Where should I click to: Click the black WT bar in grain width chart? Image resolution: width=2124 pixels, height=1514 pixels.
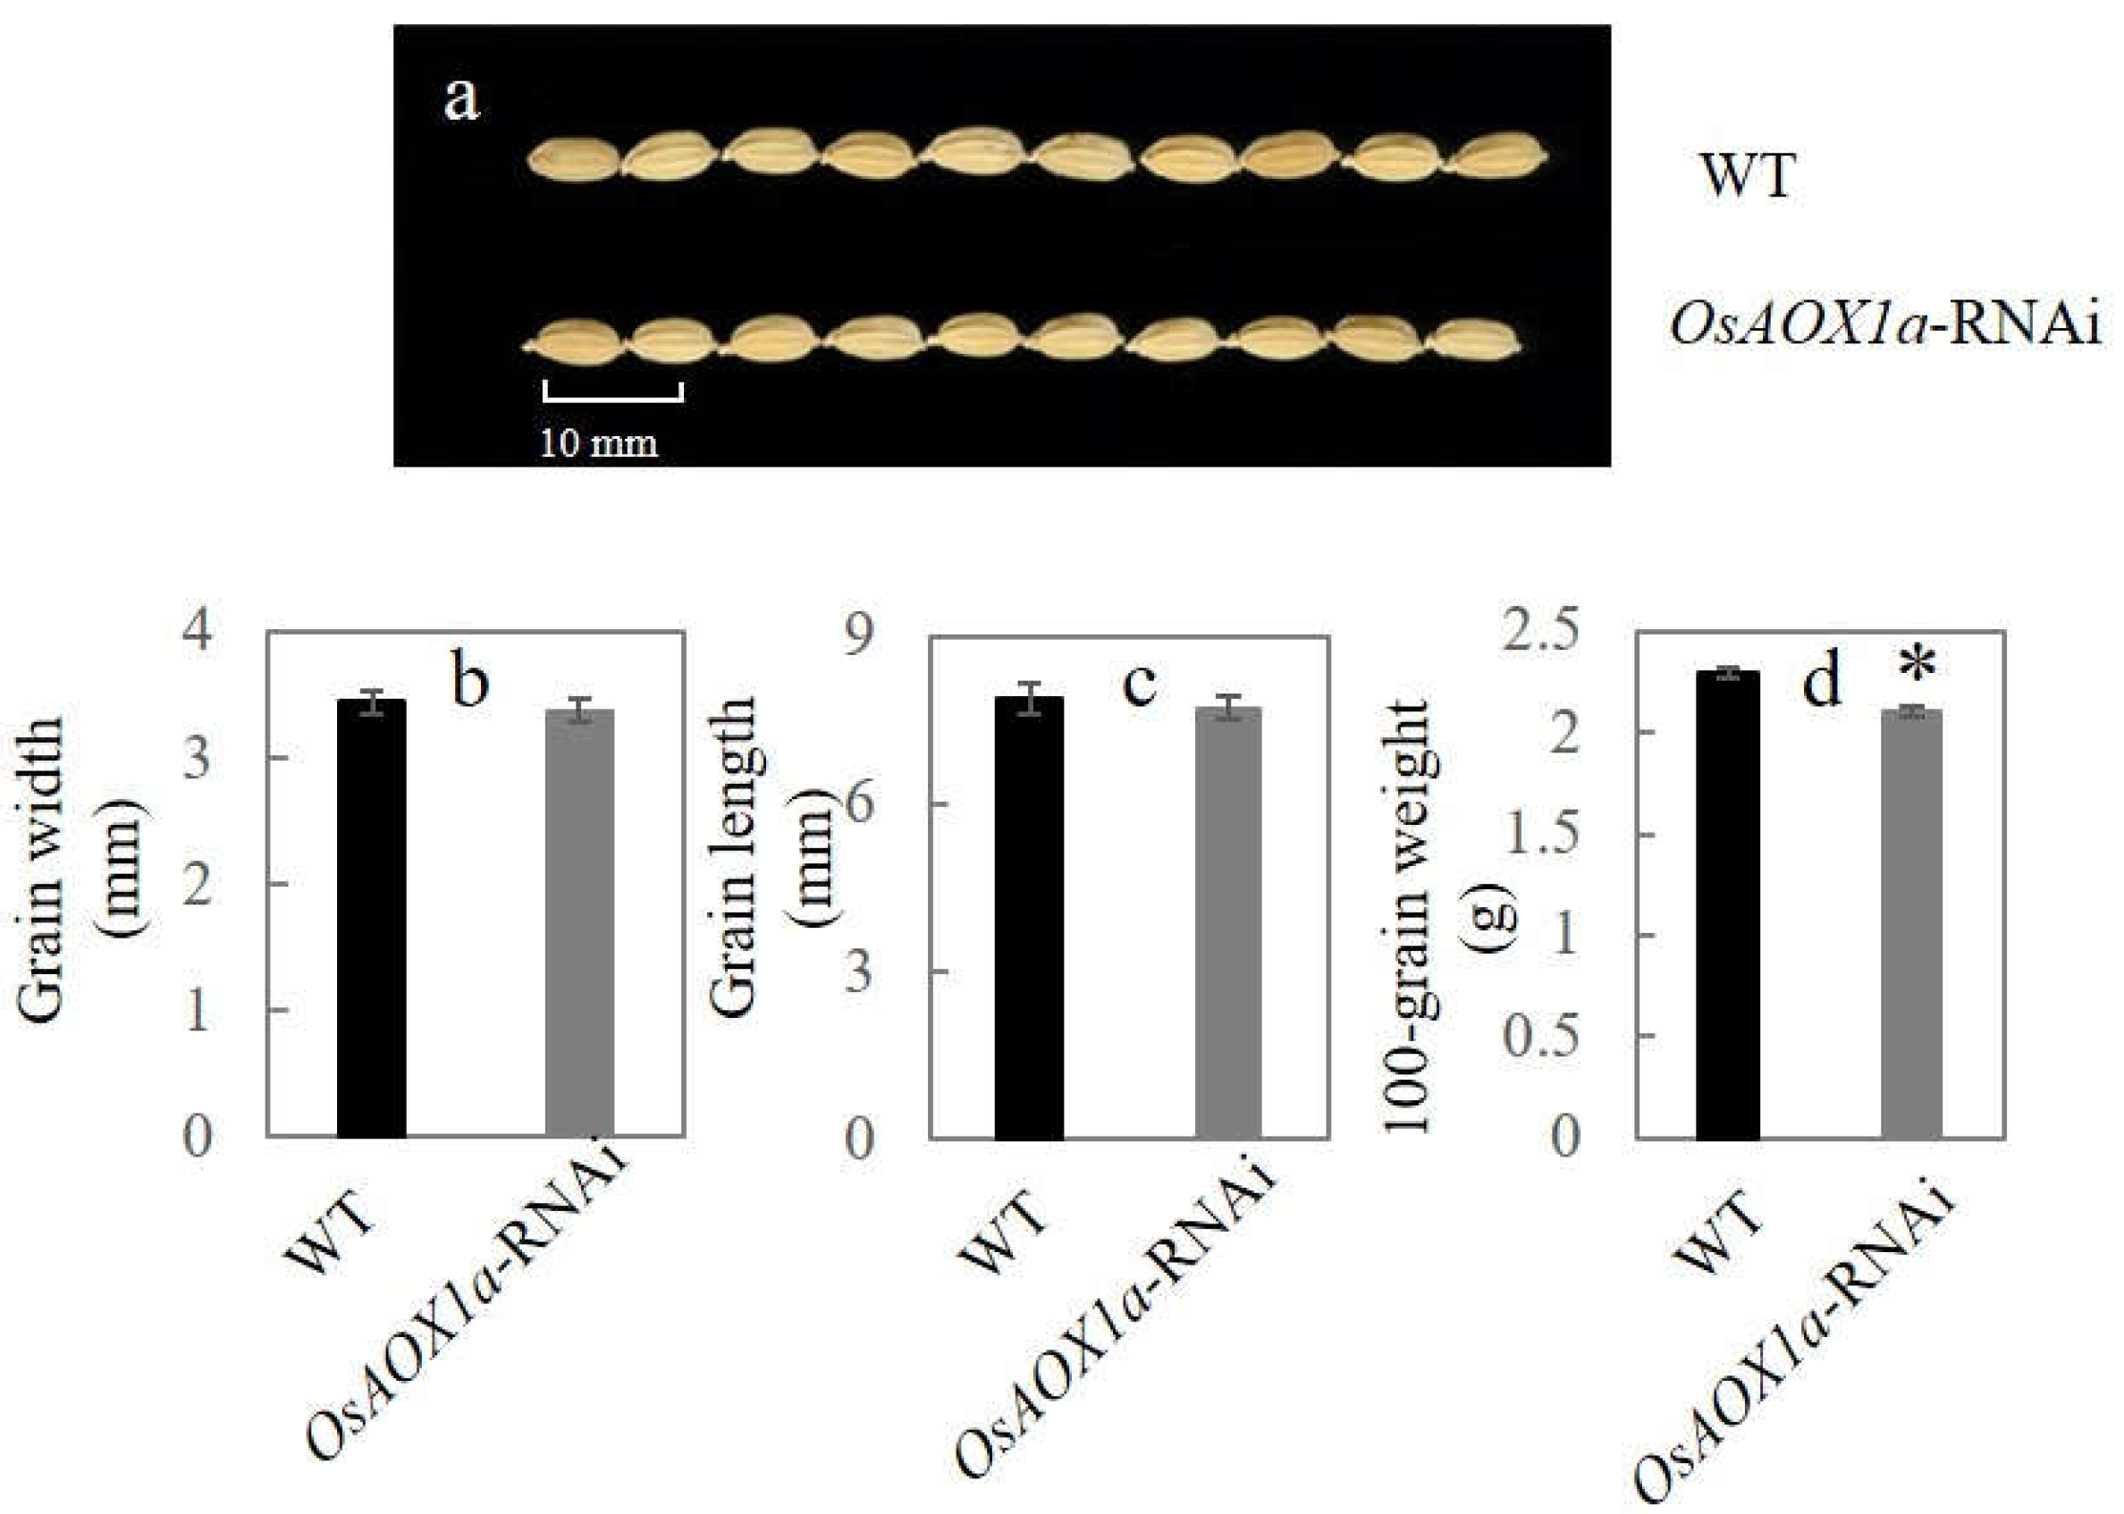coord(371,918)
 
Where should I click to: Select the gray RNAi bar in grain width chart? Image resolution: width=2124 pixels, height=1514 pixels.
coord(579,923)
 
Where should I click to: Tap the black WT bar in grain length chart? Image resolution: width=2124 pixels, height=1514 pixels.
coord(1028,917)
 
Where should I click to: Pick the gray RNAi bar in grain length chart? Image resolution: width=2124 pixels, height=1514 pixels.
coord(1228,923)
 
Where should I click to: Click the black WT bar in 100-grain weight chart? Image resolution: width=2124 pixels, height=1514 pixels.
coord(1728,904)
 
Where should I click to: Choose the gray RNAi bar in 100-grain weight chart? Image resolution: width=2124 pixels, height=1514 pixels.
coord(1911,924)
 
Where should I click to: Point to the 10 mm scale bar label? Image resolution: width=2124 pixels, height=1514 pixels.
coord(599,442)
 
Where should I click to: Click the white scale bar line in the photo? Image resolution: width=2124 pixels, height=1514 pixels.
coord(612,398)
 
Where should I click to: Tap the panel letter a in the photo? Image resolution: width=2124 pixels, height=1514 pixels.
coord(461,99)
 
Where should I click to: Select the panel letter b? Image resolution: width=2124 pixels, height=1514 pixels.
coord(470,682)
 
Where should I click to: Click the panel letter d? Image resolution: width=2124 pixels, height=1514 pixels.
coord(1822,682)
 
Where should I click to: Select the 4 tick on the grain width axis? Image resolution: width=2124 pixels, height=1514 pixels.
coord(198,633)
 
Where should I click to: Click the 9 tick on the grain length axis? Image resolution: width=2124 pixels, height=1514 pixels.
coord(859,636)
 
